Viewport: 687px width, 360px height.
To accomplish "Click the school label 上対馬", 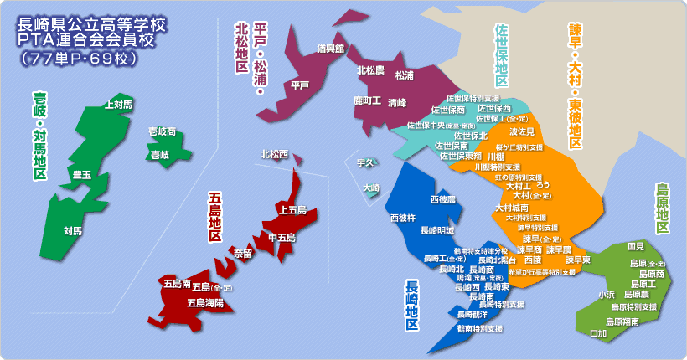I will pos(118,105).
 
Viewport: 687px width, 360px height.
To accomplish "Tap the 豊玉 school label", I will pos(82,174).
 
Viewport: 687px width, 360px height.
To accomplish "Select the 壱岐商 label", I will pos(162,131).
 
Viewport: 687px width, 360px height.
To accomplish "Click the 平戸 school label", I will pos(300,85).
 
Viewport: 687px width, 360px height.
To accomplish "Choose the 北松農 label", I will pos(371,70).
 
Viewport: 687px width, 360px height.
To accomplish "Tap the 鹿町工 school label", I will pos(366,101).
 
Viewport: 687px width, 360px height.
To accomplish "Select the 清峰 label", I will pos(397,102).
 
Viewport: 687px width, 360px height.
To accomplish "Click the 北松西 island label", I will pos(274,154).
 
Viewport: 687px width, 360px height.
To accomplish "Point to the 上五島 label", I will pos(293,209).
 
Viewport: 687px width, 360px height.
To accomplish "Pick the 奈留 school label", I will pos(243,252).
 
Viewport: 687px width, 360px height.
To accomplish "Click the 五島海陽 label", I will pos(204,302).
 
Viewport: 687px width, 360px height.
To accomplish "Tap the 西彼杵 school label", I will pos(402,218).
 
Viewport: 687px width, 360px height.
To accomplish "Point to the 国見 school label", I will pos(636,247).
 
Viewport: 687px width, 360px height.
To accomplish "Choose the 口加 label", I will pos(598,333).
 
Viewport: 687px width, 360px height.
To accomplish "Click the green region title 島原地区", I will pos(663,210).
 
